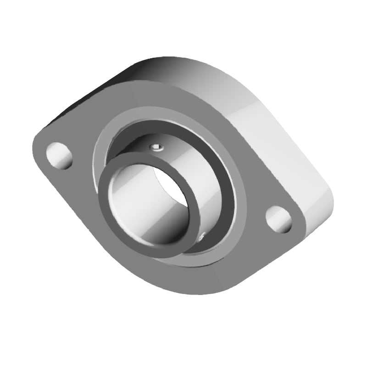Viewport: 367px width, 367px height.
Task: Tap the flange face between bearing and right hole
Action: tap(250, 202)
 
